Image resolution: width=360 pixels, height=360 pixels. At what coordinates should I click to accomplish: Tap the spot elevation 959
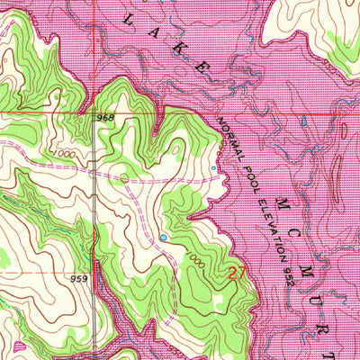pos(78,279)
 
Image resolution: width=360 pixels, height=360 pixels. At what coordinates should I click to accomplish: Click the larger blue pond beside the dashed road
pos(163,238)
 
